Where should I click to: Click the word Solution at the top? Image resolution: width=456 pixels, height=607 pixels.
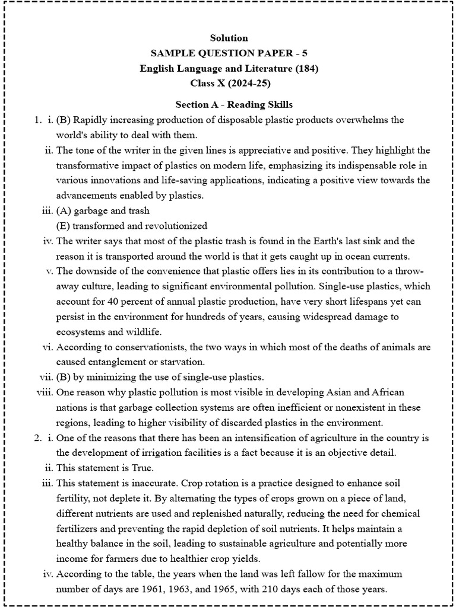click(x=229, y=39)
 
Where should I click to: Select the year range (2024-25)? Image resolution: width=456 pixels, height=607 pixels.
click(x=242, y=83)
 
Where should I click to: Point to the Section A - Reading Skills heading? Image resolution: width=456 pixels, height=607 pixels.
click(x=234, y=105)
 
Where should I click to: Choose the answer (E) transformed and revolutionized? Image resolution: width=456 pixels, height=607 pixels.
click(x=131, y=226)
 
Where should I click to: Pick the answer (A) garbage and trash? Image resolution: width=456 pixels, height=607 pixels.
click(x=103, y=211)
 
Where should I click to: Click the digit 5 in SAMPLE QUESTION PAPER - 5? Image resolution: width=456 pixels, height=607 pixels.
click(x=304, y=53)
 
